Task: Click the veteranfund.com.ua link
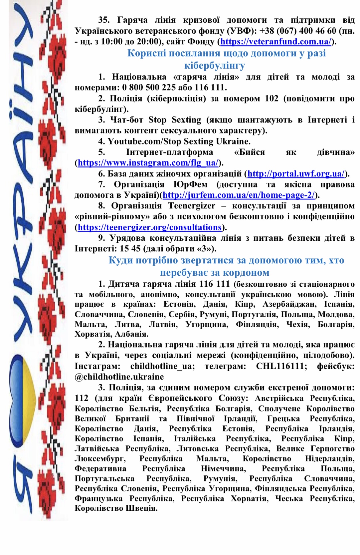tap(276, 42)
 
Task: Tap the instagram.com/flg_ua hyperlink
tap(148, 163)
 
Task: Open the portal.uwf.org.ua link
tap(296, 174)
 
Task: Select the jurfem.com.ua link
tap(239, 195)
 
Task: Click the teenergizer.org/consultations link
tap(150, 227)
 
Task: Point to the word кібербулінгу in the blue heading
tap(215, 66)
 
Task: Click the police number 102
tap(271, 99)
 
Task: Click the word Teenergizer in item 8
tap(192, 206)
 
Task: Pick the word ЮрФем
tap(190, 184)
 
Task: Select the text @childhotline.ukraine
tap(119, 377)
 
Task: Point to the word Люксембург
tap(100, 459)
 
